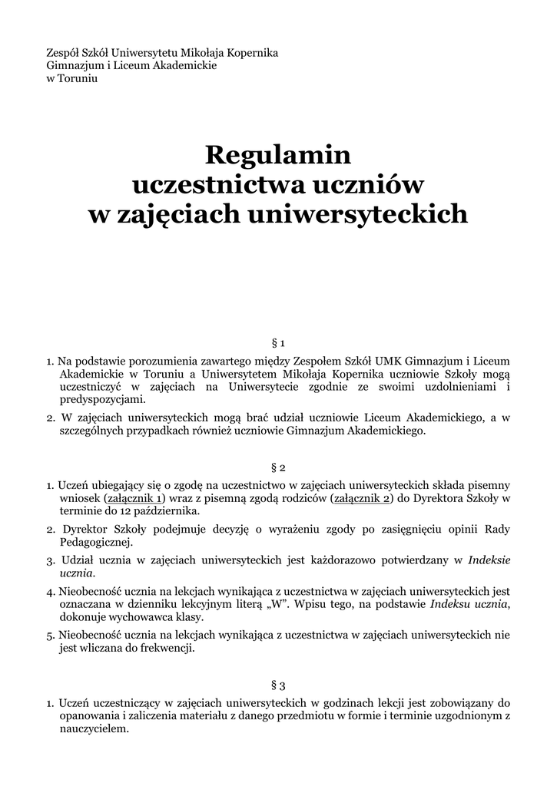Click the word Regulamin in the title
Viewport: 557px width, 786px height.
278,156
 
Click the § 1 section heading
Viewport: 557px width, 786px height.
278,342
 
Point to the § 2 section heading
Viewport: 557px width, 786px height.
278,467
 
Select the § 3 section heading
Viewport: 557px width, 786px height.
278,685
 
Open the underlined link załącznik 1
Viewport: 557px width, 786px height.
134,498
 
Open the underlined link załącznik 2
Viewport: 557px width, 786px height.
361,498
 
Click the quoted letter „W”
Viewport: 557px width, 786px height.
281,604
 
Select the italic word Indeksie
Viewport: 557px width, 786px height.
489,560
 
